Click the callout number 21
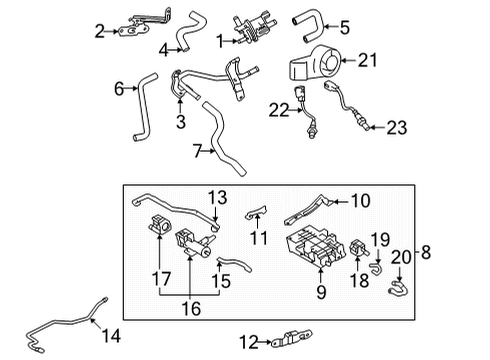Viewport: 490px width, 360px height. click(x=369, y=61)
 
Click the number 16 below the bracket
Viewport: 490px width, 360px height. click(x=190, y=311)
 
